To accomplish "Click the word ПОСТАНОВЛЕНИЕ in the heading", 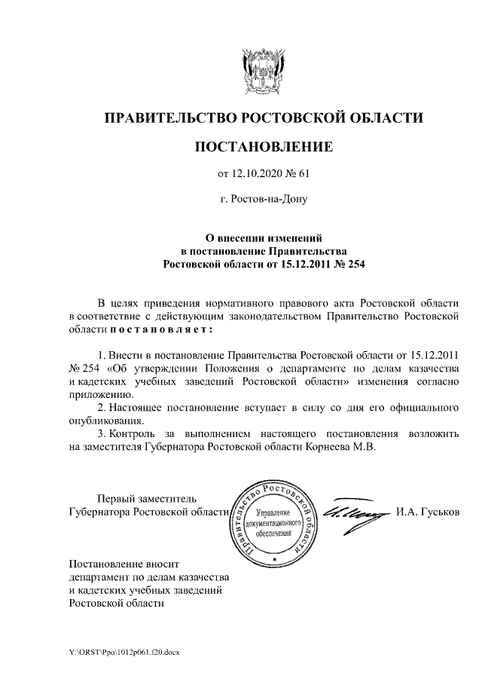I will coord(264,146).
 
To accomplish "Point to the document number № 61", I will coord(297,175).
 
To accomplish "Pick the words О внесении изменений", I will coord(264,237).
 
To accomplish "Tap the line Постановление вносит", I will coord(124,563).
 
